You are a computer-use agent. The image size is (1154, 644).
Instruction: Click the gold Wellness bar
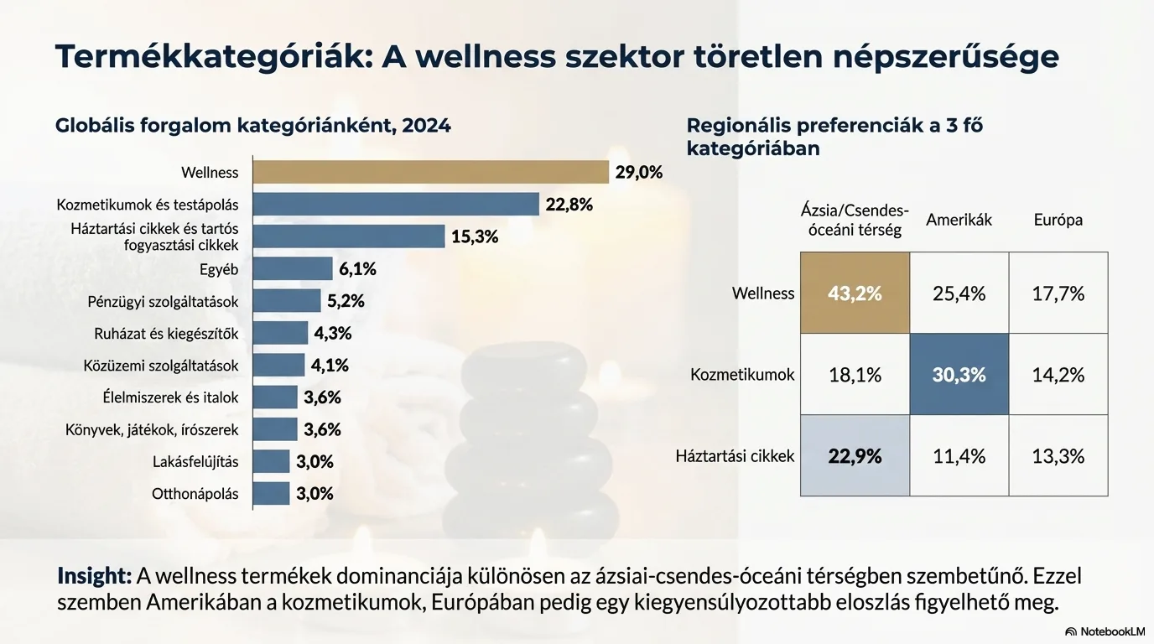430,172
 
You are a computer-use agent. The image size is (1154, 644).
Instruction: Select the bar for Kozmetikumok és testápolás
396,205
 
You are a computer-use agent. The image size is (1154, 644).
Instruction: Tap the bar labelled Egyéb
293,269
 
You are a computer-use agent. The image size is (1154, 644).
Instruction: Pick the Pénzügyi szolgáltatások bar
287,301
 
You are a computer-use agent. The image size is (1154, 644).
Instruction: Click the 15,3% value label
475,236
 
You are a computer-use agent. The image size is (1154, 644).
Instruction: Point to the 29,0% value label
639,173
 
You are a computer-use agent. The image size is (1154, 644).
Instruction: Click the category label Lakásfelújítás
195,462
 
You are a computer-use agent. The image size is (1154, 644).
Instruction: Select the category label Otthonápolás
195,494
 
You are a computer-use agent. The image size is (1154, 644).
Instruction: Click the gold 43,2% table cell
855,293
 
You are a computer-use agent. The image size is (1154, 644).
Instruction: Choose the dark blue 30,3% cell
959,375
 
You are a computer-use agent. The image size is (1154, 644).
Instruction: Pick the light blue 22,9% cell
855,456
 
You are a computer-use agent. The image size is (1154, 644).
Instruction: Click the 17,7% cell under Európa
1058,293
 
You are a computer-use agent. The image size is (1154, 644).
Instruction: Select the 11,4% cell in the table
959,456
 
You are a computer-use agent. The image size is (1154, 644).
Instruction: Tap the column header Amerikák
959,220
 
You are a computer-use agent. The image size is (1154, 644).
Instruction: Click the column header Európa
1058,220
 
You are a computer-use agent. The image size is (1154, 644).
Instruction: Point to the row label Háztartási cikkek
735,457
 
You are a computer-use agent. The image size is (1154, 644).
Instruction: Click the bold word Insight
94,577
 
